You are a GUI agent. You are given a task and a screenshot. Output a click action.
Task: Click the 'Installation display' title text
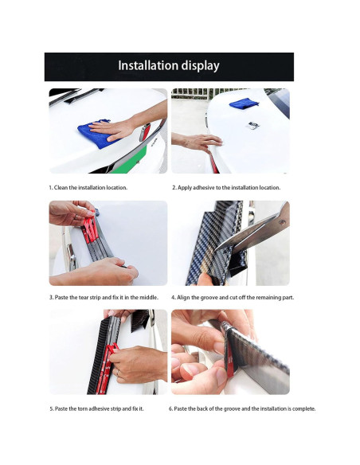coord(169,66)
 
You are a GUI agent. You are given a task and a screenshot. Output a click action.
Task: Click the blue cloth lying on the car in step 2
coord(244,104)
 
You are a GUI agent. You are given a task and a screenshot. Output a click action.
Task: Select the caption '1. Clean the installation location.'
coord(88,188)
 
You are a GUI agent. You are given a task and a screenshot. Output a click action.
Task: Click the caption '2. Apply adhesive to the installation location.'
coord(226,188)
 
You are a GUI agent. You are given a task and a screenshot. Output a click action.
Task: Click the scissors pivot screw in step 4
coord(281,222)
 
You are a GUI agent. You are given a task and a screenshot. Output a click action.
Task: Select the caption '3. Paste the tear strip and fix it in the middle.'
coord(104,297)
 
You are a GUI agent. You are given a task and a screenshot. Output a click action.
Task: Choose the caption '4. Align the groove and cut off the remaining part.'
coord(233,297)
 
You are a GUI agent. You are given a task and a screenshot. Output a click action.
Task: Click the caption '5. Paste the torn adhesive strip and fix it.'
coord(96,408)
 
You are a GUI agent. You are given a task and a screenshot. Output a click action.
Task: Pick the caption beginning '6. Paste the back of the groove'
coord(242,408)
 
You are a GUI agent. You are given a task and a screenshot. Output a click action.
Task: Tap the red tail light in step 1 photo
coord(145,132)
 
